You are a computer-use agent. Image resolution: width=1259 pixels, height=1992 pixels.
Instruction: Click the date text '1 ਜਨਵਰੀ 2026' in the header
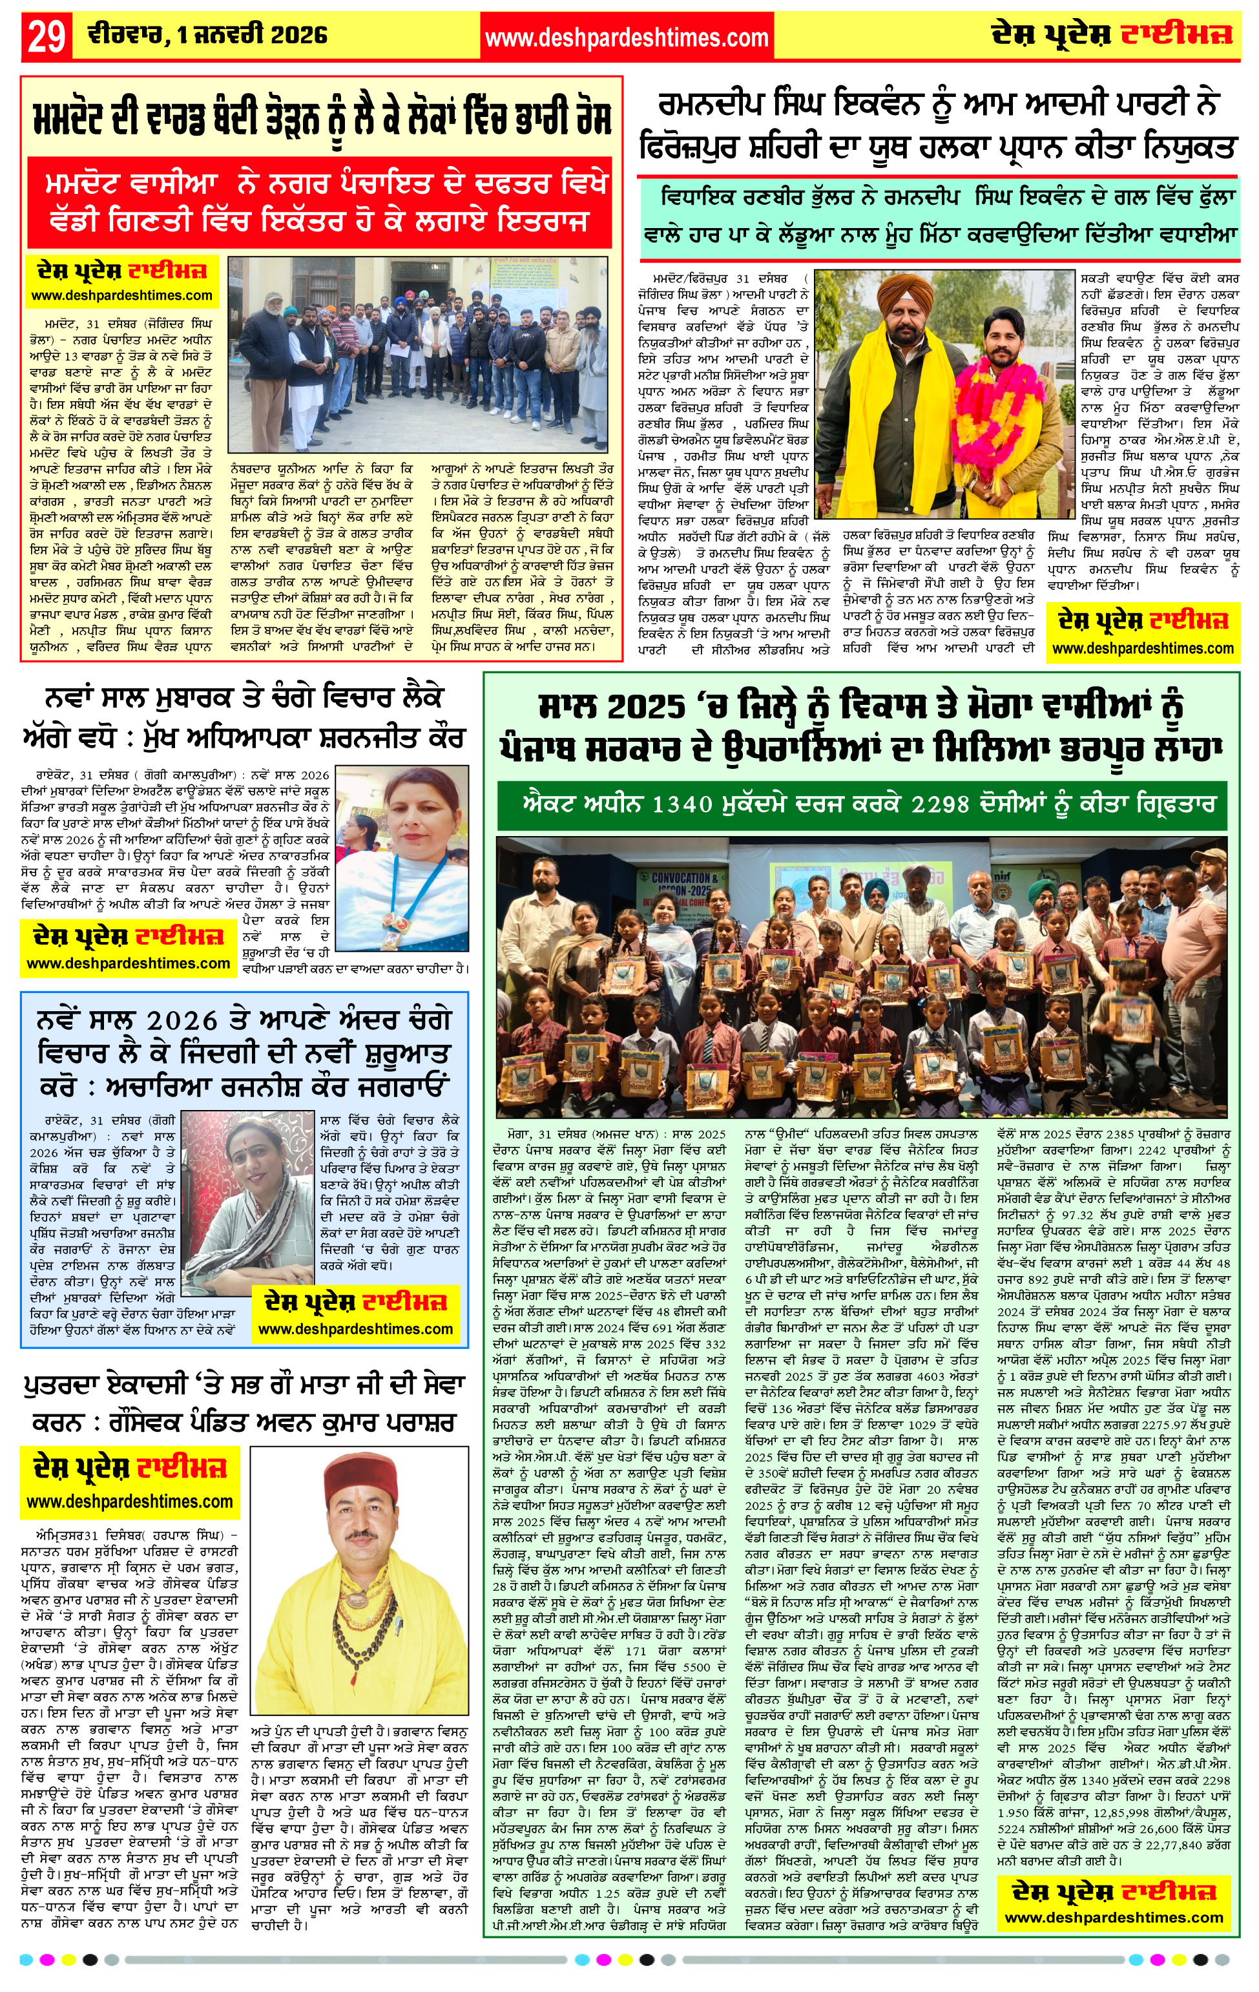[251, 35]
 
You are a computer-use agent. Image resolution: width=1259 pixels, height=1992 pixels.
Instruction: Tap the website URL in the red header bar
[626, 37]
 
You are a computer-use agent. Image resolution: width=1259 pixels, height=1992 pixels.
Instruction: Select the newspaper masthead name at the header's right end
[1112, 35]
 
